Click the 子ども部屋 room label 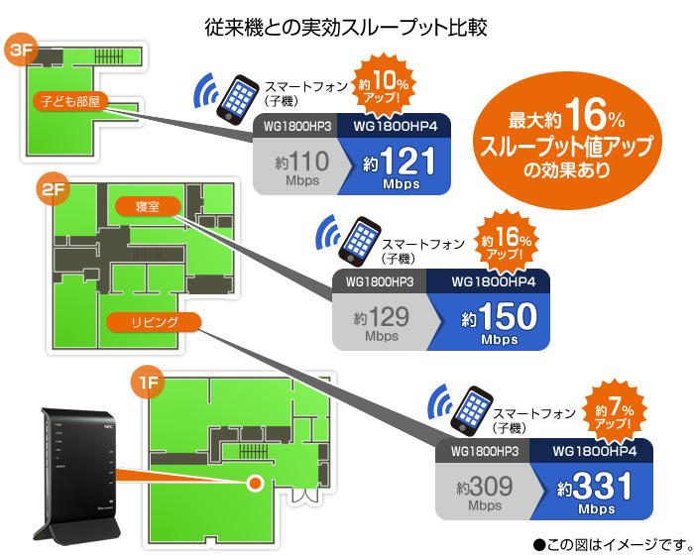pyautogui.click(x=71, y=101)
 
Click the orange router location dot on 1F pyautogui.click(x=255, y=483)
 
